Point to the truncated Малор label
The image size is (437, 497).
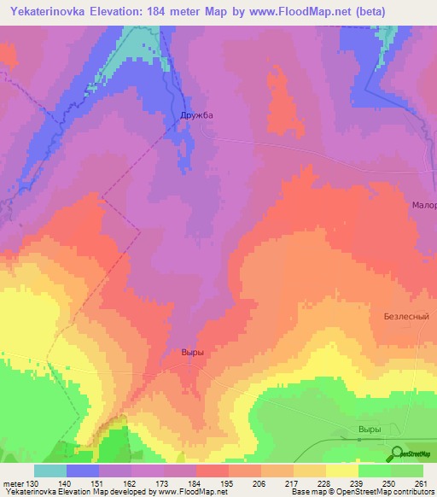pyautogui.click(x=423, y=206)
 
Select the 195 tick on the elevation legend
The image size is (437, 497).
pyautogui.click(x=227, y=482)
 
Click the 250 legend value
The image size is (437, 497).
pyautogui.click(x=389, y=482)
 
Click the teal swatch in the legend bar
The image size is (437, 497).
pyautogui.click(x=50, y=471)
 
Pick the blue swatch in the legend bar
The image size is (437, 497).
pyautogui.click(x=83, y=471)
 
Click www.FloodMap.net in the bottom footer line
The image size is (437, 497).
pyautogui.click(x=186, y=492)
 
